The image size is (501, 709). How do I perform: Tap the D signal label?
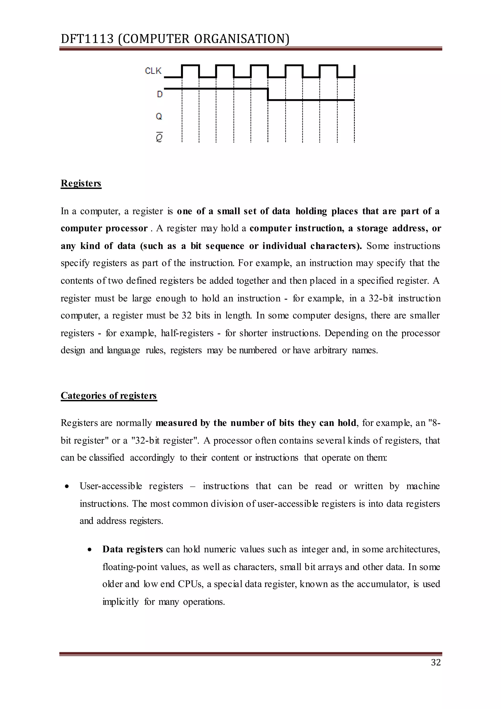click(x=159, y=94)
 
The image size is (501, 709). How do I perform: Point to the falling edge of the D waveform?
click(x=268, y=94)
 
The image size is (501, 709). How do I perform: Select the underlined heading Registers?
click(x=81, y=183)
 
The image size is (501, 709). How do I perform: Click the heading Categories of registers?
click(x=109, y=396)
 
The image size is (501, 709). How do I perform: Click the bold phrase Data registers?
click(x=133, y=549)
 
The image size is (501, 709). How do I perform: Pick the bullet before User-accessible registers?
click(x=67, y=487)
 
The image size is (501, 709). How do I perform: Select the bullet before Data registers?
click(x=90, y=550)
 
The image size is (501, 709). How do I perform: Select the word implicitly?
click(x=121, y=602)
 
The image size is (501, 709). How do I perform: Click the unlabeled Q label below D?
click(x=159, y=117)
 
